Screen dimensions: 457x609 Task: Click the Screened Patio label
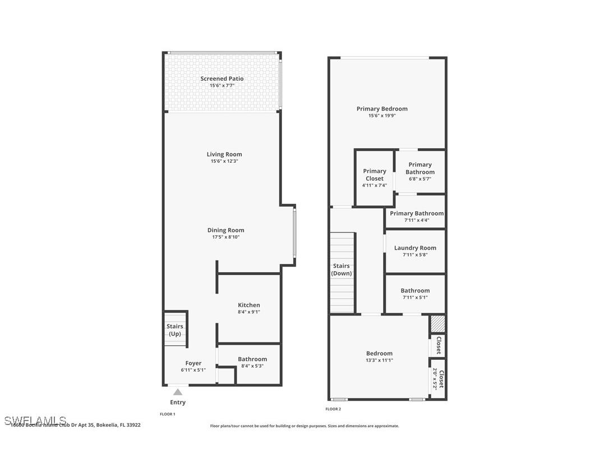tap(222, 79)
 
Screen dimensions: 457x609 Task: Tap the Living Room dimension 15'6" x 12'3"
tap(224, 161)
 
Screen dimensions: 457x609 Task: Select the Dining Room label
tap(225, 230)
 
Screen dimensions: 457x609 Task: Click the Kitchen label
tap(248, 305)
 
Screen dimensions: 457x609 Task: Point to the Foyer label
tap(193, 363)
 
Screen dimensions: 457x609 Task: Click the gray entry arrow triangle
tap(178, 392)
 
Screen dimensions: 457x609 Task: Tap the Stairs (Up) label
tap(175, 330)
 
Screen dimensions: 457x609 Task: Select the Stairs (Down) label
tap(341, 269)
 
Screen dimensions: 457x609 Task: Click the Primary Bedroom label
tap(382, 109)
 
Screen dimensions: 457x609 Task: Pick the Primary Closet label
tap(375, 175)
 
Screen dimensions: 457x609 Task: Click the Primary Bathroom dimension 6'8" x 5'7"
tap(419, 179)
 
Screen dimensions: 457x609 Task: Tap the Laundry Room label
tap(415, 248)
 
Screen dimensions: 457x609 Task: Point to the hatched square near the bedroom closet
tap(437, 324)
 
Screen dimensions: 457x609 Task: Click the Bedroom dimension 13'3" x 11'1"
tap(380, 360)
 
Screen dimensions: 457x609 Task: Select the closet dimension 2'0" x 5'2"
tap(435, 379)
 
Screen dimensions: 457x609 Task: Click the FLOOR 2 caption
tap(333, 409)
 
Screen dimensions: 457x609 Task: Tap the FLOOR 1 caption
tap(168, 414)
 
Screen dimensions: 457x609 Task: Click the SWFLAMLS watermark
tap(35, 421)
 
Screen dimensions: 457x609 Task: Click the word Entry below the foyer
tap(178, 402)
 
